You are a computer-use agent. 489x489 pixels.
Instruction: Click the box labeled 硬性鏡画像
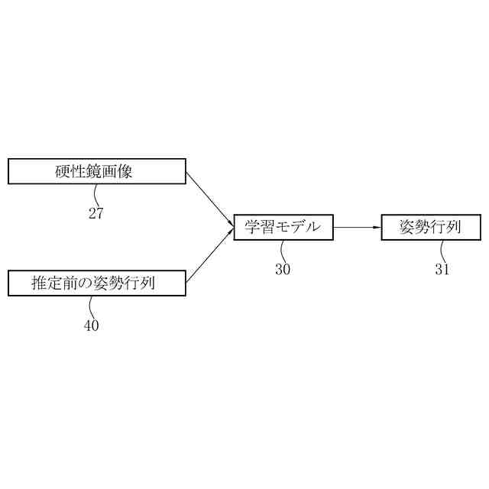[x=96, y=171]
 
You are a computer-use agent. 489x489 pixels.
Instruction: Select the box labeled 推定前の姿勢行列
[x=96, y=283]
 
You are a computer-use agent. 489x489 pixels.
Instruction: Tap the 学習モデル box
[x=283, y=227]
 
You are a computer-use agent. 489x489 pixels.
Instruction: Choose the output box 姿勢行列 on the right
[x=432, y=227]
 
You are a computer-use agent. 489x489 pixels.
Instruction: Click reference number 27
[x=96, y=213]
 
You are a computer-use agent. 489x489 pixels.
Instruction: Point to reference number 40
[x=92, y=325]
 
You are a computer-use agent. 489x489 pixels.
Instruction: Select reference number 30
[x=283, y=268]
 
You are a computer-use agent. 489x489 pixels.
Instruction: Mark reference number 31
[x=442, y=268]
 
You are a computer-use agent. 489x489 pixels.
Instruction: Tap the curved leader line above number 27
[x=92, y=195]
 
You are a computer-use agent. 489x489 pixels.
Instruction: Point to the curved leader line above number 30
[x=282, y=251]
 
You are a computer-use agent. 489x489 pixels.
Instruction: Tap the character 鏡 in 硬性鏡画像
[x=96, y=171]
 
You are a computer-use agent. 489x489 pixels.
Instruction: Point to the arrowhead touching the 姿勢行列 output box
[x=377, y=227]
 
